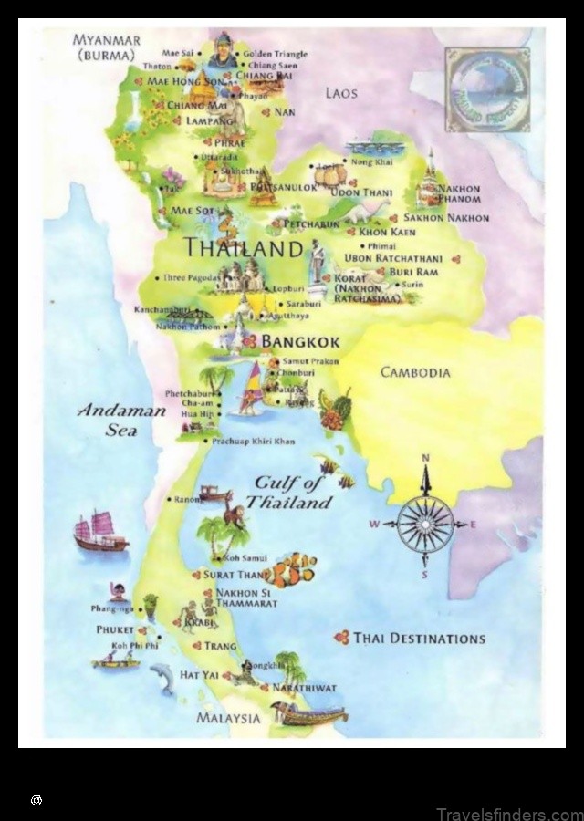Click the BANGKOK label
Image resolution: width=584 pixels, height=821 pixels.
(x=300, y=342)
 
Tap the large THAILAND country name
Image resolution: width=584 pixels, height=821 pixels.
(x=243, y=247)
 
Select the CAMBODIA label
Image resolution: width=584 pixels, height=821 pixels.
(x=415, y=372)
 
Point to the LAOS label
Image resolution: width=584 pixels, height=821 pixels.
(x=341, y=93)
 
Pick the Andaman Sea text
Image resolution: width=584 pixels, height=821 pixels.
(x=121, y=420)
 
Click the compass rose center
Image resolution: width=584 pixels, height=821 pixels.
(x=425, y=524)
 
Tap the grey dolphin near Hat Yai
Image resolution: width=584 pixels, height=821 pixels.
(x=162, y=677)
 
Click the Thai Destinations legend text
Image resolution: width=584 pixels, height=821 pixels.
(x=419, y=639)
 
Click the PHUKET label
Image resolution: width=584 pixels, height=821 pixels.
(x=115, y=629)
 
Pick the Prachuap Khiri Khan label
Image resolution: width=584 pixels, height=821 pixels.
(x=253, y=442)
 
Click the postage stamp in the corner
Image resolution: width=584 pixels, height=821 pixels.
(x=488, y=89)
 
